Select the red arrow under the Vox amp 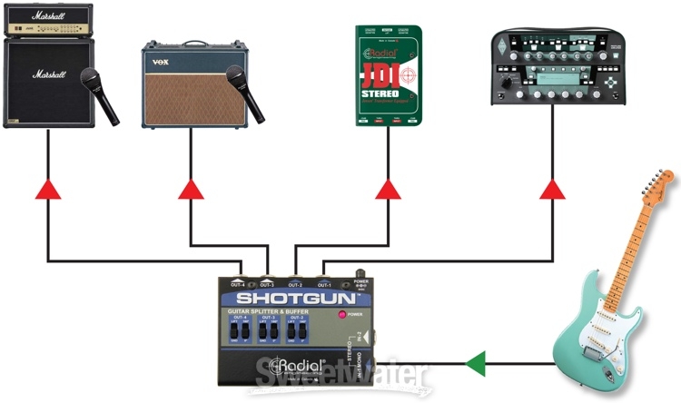(x=192, y=189)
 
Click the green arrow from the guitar (x=475, y=365)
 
